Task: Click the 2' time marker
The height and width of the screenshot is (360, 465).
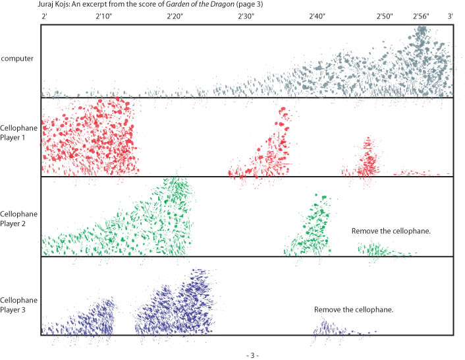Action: (x=43, y=15)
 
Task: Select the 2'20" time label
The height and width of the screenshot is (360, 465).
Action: (x=175, y=15)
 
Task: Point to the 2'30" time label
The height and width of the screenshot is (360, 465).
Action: (x=246, y=15)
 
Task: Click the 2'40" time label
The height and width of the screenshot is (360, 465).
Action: (x=317, y=15)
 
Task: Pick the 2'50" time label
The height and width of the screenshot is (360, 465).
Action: (x=385, y=15)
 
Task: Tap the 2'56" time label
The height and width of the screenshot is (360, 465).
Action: (x=421, y=15)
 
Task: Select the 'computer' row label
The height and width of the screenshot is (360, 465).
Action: (x=17, y=59)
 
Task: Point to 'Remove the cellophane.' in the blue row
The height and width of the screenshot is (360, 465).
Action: (x=354, y=309)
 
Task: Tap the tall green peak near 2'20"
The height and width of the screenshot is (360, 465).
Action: (x=176, y=191)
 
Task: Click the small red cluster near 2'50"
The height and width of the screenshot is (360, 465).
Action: (x=367, y=158)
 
